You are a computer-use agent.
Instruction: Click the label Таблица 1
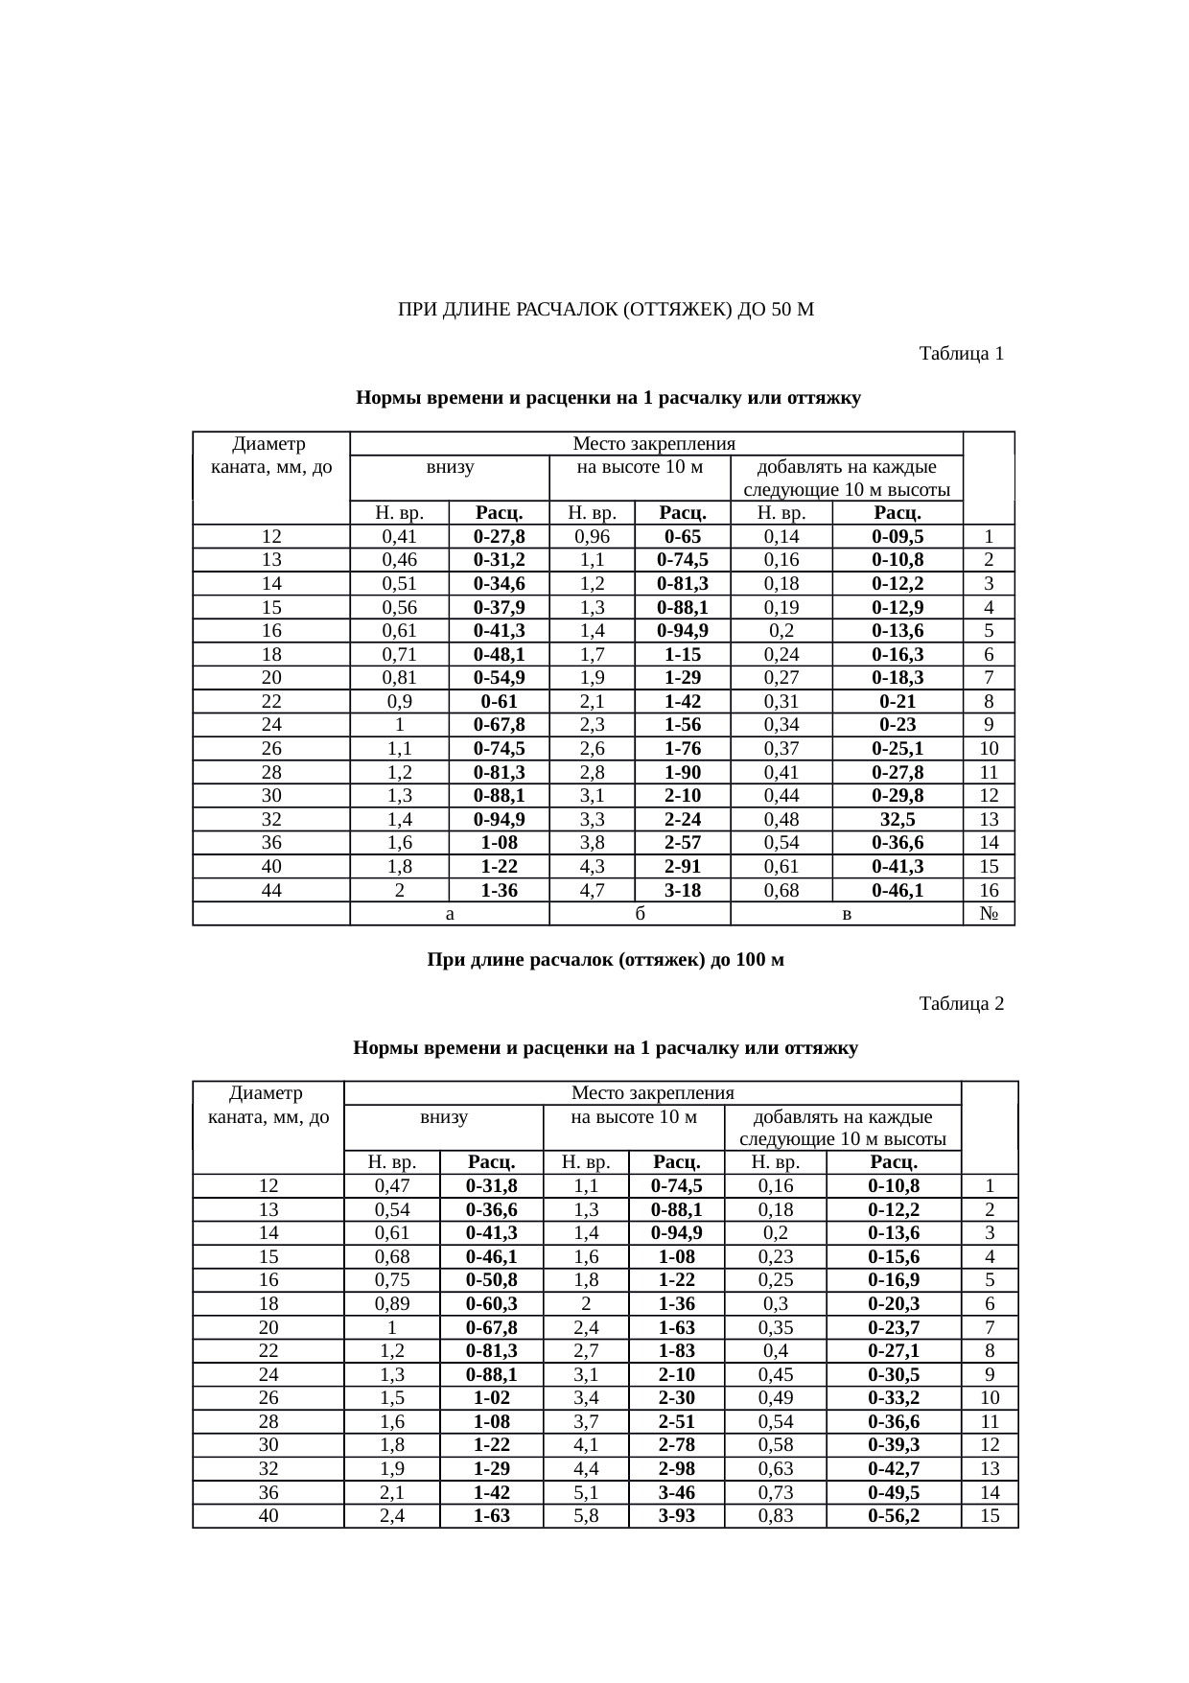point(961,354)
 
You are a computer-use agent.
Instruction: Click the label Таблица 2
point(961,1004)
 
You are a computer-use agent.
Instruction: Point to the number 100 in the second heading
point(751,960)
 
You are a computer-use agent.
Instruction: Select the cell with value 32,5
point(897,819)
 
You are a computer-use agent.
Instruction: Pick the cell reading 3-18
point(682,890)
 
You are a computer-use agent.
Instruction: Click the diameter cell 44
point(271,890)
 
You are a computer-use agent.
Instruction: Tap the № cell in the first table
point(989,914)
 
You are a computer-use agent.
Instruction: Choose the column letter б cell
point(639,914)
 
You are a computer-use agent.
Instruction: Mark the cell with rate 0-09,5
point(897,537)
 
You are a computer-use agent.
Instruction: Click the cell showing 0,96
point(592,537)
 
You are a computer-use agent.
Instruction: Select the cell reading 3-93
point(676,1516)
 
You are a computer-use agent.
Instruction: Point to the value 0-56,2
point(894,1516)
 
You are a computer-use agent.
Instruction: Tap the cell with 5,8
point(586,1516)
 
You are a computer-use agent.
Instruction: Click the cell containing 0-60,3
point(491,1304)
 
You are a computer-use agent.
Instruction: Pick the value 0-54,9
point(499,678)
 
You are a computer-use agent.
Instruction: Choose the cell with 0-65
point(682,537)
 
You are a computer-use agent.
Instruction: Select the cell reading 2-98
point(676,1469)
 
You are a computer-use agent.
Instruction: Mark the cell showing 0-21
point(897,702)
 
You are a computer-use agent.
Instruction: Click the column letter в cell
point(846,914)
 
